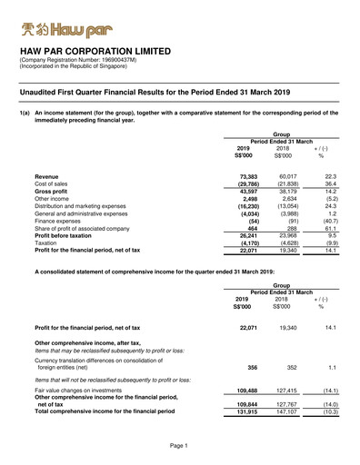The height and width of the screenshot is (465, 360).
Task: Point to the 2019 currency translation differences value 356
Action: tap(253, 368)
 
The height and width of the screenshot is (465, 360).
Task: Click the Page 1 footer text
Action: tap(179, 446)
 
